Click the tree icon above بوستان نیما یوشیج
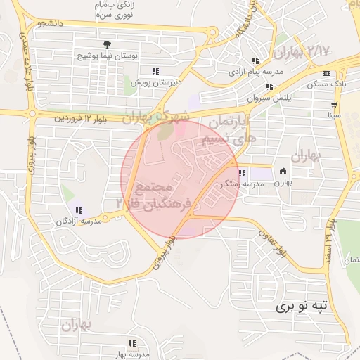[106, 44]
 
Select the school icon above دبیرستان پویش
[155, 71]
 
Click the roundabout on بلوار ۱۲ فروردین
[31, 112]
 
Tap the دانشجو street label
[51, 24]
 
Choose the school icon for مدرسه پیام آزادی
[255, 61]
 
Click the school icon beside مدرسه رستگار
[242, 173]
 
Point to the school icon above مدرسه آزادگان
[78, 210]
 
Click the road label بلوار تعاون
[273, 240]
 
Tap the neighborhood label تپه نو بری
[302, 307]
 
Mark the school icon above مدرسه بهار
[131, 343]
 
